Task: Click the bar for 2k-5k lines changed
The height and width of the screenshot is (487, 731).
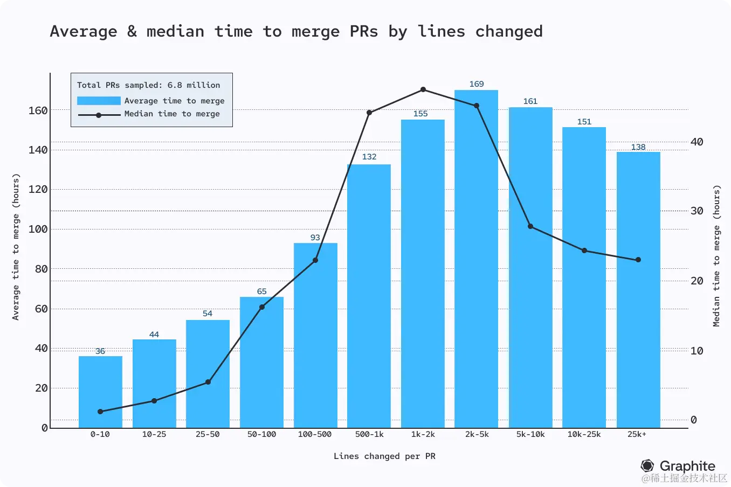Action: [x=476, y=259]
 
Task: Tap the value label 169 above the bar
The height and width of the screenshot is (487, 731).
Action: [x=477, y=84]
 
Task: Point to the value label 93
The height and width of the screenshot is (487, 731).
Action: [x=315, y=238]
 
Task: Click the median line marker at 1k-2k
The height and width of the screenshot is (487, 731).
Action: [x=423, y=89]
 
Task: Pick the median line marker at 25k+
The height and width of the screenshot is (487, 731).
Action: [x=638, y=260]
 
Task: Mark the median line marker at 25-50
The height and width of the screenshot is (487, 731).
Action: [x=208, y=382]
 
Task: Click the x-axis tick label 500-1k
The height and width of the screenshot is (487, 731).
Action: [x=369, y=434]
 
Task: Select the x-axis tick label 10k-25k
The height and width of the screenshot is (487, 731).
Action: [x=584, y=434]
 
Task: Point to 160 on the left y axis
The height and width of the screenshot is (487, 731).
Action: [x=38, y=110]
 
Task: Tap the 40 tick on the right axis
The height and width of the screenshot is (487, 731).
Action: [x=697, y=142]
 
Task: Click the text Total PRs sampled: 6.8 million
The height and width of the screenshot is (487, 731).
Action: [x=148, y=85]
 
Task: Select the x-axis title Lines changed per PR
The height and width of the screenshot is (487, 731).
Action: [x=384, y=456]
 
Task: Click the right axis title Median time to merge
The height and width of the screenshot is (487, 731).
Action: [x=716, y=256]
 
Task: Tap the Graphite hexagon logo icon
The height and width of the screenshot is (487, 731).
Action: [x=647, y=465]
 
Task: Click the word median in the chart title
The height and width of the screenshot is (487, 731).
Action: [x=175, y=31]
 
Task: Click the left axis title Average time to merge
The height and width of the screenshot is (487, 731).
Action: [x=16, y=247]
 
